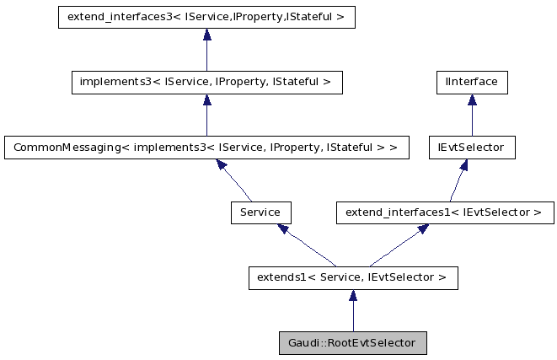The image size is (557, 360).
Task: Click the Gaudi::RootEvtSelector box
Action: point(353,343)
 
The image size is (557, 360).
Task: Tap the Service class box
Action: point(260,212)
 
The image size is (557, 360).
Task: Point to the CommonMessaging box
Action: point(206,148)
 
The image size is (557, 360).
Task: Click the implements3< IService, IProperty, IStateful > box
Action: point(206,83)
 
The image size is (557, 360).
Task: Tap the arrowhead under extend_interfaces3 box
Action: point(206,35)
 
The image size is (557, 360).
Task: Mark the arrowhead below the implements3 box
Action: point(206,100)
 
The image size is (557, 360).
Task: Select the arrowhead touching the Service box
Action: point(284,229)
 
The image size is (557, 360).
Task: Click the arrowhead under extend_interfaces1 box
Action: point(421,229)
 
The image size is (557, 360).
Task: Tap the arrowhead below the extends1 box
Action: point(353,295)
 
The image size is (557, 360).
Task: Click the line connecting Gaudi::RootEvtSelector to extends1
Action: point(353,317)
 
